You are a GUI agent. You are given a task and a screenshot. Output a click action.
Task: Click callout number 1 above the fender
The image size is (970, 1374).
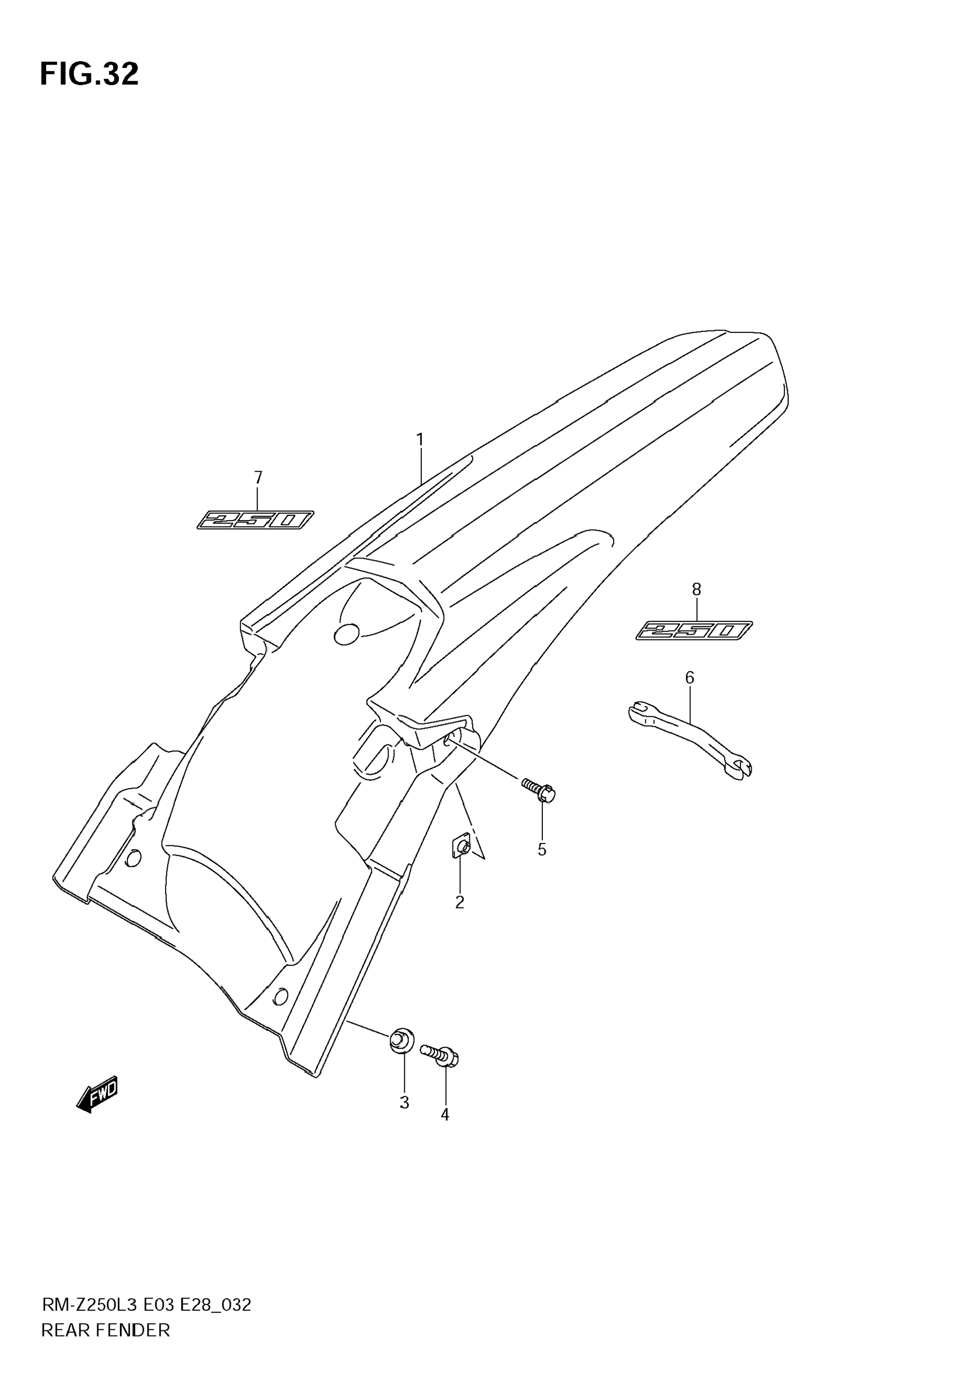(x=420, y=440)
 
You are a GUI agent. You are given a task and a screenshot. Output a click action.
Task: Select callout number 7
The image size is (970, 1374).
(x=258, y=477)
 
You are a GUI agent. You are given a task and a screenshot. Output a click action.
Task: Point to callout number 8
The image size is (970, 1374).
(x=697, y=590)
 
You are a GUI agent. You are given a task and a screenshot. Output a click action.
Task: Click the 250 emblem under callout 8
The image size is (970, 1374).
(x=694, y=631)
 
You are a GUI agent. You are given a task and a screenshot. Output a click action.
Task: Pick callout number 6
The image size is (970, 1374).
(x=689, y=677)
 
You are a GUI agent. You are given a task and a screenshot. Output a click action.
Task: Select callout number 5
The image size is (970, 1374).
(x=542, y=850)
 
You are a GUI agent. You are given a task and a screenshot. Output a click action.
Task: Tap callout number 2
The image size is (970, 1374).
(x=460, y=902)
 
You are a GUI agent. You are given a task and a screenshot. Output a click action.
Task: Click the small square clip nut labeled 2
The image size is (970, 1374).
(x=460, y=847)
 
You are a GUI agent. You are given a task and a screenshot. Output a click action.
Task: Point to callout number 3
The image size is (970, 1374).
(x=405, y=1102)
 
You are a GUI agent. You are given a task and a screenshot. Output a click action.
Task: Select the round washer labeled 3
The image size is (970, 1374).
(x=402, y=1040)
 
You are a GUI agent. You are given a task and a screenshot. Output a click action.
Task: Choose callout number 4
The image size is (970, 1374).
(x=445, y=1114)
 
